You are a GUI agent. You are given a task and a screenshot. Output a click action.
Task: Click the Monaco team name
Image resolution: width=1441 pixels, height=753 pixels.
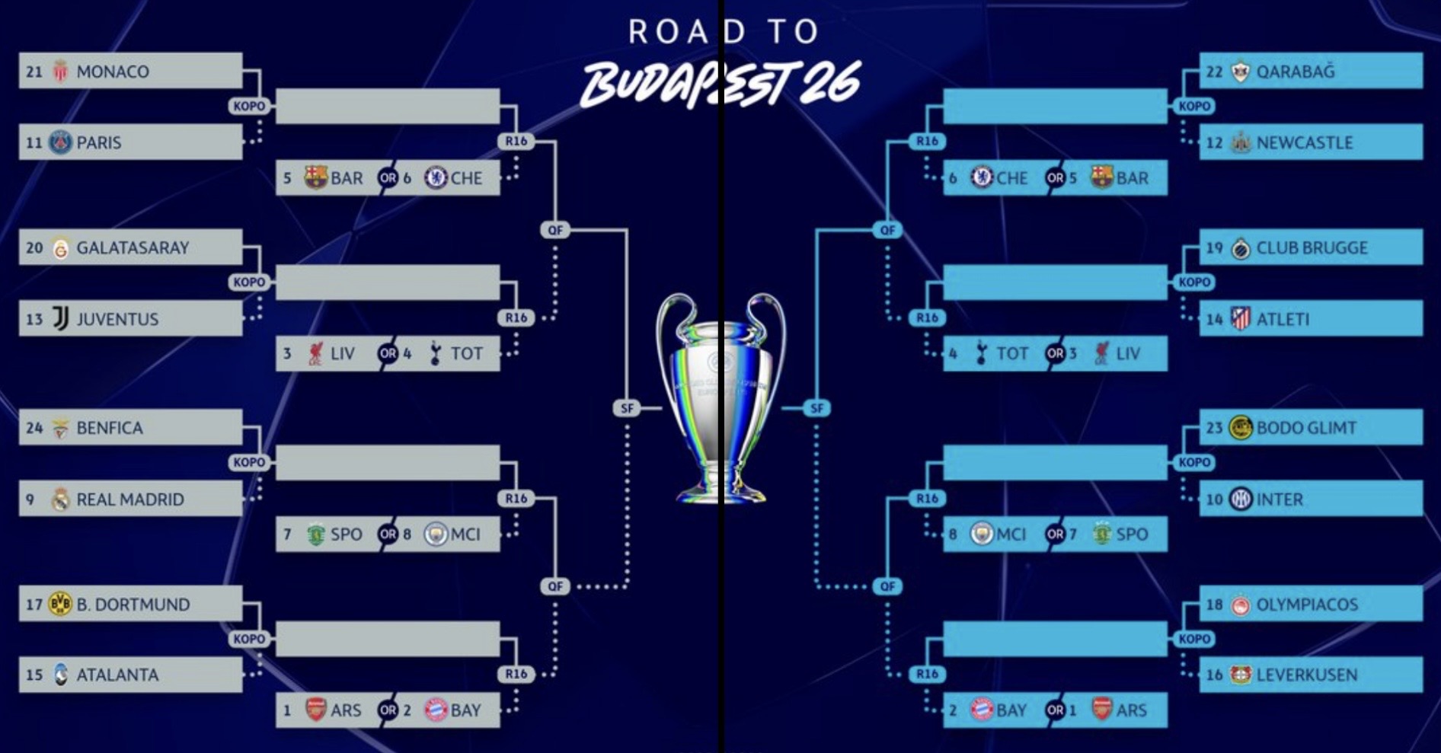[x=113, y=72]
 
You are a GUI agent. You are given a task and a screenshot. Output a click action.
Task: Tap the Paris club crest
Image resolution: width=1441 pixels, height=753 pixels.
[x=60, y=142]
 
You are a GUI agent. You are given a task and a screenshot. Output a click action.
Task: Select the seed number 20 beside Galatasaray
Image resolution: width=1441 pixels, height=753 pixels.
[x=34, y=247]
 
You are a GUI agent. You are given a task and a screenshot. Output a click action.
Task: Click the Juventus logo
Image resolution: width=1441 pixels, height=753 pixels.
[x=60, y=318]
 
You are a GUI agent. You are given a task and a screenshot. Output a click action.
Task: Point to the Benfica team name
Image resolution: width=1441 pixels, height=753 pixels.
[x=110, y=428]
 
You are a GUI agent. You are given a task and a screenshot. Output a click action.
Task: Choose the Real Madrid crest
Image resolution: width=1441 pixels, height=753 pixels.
[x=60, y=499]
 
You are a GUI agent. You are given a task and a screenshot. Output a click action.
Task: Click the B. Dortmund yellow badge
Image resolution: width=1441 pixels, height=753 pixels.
[x=60, y=604]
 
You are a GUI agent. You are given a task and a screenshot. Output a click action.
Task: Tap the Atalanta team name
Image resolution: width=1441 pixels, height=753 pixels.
[x=117, y=675]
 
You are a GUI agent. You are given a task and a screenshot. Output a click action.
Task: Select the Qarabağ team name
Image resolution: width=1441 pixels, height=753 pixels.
[x=1296, y=72]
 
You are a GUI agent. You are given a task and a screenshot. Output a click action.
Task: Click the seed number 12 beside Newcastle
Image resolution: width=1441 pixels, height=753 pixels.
[x=1214, y=143]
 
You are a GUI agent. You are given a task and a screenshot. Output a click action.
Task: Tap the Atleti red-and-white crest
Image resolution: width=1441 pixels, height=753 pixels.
[x=1241, y=318]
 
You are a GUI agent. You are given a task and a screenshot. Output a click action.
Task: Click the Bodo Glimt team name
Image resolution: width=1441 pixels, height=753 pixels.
[x=1306, y=428]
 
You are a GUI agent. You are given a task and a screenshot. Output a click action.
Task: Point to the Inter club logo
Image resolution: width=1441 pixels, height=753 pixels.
[x=1241, y=499]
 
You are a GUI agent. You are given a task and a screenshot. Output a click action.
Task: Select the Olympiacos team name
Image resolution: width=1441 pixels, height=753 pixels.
[x=1307, y=605]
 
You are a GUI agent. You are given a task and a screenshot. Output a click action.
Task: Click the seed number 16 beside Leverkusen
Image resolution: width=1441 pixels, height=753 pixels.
[x=1214, y=675]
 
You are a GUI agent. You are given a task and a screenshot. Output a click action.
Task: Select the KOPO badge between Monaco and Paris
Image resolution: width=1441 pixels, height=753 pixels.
[x=249, y=106]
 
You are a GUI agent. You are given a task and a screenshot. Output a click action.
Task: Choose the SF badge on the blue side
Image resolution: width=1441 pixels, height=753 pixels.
[x=816, y=408]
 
